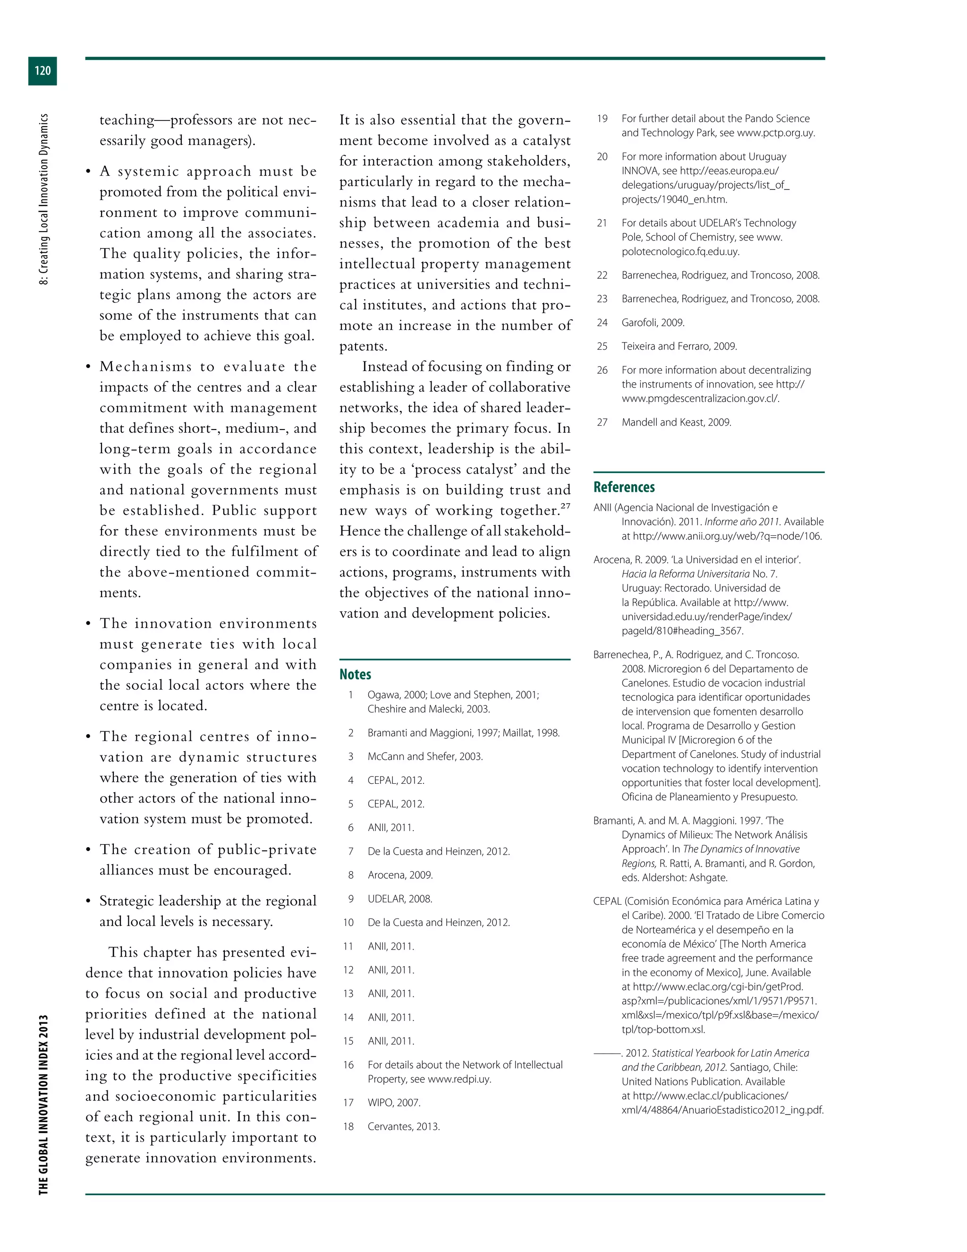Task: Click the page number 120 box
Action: click(42, 70)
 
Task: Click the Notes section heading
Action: click(355, 674)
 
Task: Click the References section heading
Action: click(624, 487)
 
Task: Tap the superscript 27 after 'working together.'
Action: click(565, 506)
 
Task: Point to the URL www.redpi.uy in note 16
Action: click(459, 1079)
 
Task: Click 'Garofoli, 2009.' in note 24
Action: click(653, 322)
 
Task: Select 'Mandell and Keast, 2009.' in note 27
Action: click(676, 422)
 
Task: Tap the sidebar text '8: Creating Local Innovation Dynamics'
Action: click(43, 198)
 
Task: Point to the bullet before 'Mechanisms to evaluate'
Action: click(88, 368)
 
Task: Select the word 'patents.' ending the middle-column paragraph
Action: click(363, 346)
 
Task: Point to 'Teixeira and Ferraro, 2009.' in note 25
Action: click(679, 346)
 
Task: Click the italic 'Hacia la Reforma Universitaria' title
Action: click(685, 574)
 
